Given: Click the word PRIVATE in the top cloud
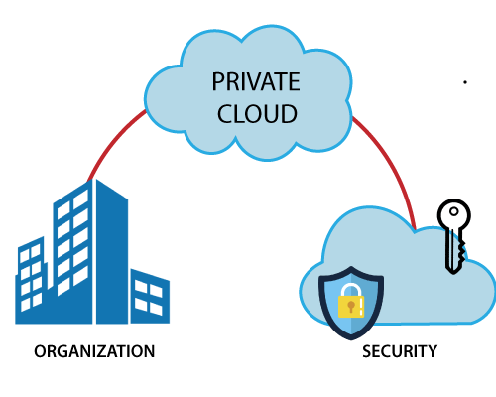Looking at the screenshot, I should click(255, 82).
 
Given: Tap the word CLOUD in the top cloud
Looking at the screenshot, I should click(256, 113).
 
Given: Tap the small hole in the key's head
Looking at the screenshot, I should click(454, 210).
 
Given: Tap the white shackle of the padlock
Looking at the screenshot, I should click(351, 289).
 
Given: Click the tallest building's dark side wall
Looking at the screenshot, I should click(111, 258).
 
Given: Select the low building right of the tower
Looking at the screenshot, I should click(150, 298).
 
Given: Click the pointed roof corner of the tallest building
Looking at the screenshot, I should click(94, 180).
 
